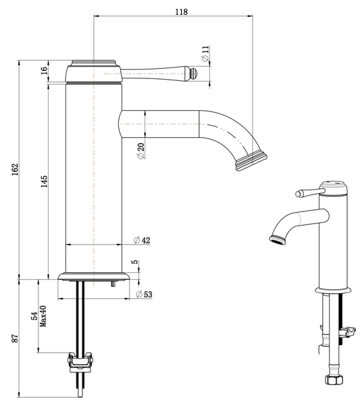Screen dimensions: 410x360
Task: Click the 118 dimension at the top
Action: pyautogui.click(x=181, y=11)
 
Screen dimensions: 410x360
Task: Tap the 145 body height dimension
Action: pyautogui.click(x=44, y=181)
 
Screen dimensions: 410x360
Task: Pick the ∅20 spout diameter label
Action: pyautogui.click(x=140, y=151)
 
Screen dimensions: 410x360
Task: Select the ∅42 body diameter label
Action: pyautogui.click(x=141, y=241)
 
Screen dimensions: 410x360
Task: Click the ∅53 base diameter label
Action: pyautogui.click(x=143, y=295)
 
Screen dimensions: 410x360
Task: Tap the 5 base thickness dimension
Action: pyautogui.click(x=135, y=262)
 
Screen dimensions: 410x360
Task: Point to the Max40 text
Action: pyautogui.click(x=43, y=315)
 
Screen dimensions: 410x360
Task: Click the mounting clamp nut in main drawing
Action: pyautogui.click(x=80, y=363)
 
